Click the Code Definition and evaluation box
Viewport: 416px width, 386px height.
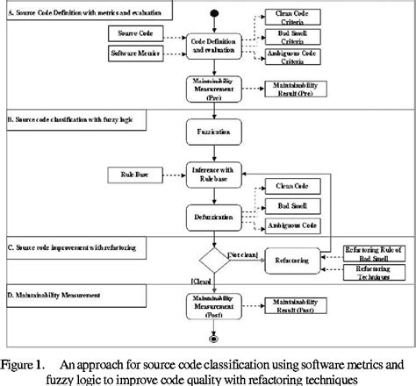(213, 46)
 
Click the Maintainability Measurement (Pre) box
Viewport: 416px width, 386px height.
(213, 89)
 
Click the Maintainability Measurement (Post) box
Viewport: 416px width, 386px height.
(213, 306)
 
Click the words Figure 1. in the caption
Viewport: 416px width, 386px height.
(26, 362)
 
